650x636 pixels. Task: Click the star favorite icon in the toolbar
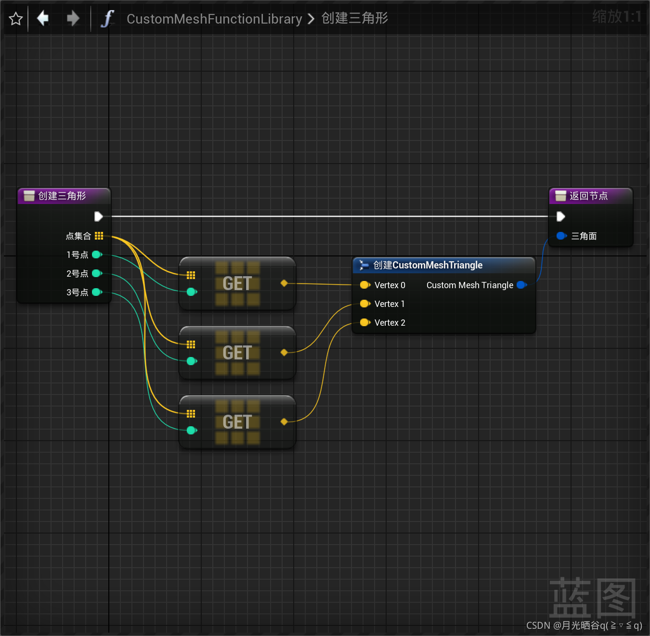[x=16, y=19]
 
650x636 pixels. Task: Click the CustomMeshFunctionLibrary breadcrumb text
[x=214, y=19]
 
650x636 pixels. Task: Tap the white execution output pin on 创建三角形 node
[x=99, y=216]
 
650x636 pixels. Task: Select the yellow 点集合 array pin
[x=99, y=236]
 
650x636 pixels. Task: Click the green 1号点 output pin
[x=97, y=254]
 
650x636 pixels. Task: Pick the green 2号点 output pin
[x=97, y=273]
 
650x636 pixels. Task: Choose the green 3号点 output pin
[x=97, y=292]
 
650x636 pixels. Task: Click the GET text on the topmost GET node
[x=237, y=283]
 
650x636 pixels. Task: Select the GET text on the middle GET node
[x=237, y=353]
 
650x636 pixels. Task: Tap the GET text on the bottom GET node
[x=237, y=422]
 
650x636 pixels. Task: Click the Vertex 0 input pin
[x=364, y=285]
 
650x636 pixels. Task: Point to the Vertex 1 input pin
[x=364, y=304]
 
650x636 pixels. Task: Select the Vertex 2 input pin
[x=364, y=322]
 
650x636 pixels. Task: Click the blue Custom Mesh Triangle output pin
[x=521, y=285]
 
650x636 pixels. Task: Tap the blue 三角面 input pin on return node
[x=561, y=236]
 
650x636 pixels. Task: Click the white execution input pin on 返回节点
[x=560, y=216]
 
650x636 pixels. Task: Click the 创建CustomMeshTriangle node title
[x=428, y=265]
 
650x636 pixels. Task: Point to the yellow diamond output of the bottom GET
[x=284, y=422]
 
